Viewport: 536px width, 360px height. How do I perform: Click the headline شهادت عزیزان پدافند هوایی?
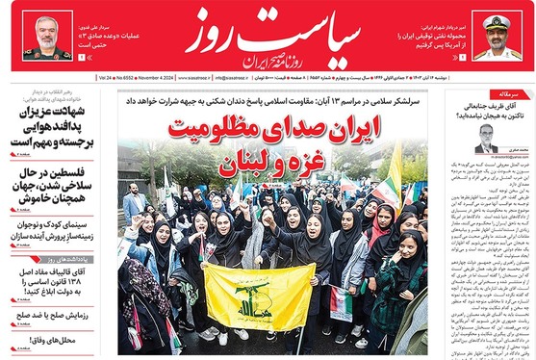tap(56, 126)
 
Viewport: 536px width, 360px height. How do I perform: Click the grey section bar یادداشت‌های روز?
tap(56, 260)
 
